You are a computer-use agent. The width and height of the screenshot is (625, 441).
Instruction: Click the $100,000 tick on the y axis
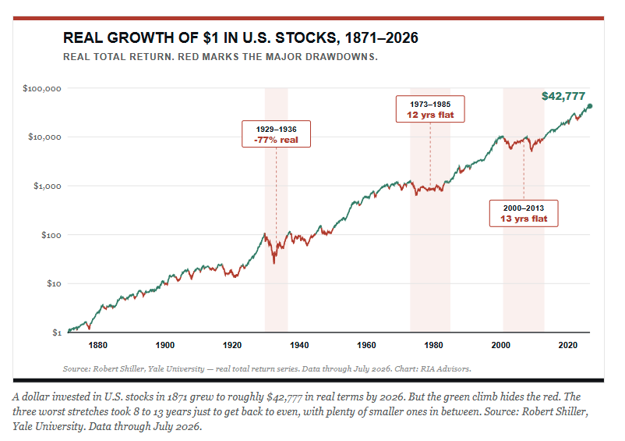[x=42, y=89]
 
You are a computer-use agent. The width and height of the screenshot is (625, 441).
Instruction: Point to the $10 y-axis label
[x=54, y=284]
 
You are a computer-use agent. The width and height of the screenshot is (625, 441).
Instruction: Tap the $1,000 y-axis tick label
[x=47, y=186]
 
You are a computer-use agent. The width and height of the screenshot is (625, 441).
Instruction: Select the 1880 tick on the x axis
[x=97, y=345]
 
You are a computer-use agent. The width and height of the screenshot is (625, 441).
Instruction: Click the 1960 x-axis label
[x=366, y=345]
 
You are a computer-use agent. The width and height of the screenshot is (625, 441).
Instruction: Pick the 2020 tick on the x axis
[x=567, y=345]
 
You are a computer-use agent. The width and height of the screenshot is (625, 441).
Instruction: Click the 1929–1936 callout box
[x=276, y=134]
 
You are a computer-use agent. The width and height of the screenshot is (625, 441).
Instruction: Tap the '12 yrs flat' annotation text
[x=430, y=115]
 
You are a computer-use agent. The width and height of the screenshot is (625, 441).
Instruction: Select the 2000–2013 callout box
[x=524, y=214]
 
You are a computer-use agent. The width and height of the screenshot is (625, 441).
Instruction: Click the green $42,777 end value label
[x=563, y=96]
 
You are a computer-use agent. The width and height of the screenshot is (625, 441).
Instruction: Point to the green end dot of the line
[x=590, y=106]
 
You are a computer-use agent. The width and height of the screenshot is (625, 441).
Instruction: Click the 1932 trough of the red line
[x=274, y=262]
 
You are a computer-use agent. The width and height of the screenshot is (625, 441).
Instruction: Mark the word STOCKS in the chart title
[x=305, y=38]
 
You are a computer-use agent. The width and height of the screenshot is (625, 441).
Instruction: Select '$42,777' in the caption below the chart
[x=284, y=397]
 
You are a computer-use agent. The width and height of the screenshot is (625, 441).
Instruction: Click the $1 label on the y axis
[x=57, y=333]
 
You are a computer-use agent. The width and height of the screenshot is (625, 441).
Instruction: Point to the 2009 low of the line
[x=531, y=151]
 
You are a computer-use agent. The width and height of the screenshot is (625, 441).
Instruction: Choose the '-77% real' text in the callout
[x=276, y=140]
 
